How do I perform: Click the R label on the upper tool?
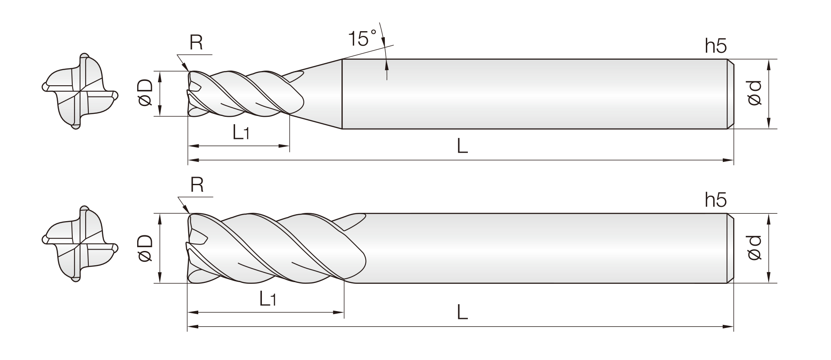point(196,43)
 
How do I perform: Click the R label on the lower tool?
point(196,185)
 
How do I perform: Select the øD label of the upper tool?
point(145,93)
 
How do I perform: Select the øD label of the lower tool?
point(145,248)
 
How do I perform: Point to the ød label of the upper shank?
point(754,93)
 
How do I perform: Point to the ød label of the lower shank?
point(754,248)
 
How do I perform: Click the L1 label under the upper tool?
point(241,133)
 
